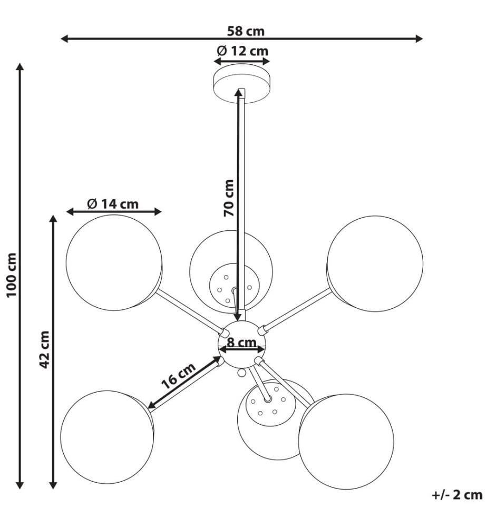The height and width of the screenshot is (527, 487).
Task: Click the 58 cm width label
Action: point(246,31)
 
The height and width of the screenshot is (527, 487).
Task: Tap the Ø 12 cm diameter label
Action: point(242,51)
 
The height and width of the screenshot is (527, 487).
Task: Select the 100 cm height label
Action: point(12,275)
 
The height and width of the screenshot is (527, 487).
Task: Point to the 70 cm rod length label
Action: point(229,198)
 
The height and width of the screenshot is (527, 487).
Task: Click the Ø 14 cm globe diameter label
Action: point(113,203)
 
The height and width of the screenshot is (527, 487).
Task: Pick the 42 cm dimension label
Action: point(44,349)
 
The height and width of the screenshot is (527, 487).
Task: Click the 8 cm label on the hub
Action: point(241,343)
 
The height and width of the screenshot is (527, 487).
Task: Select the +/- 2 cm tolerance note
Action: point(457,495)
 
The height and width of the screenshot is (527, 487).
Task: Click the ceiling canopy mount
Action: point(241,84)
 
